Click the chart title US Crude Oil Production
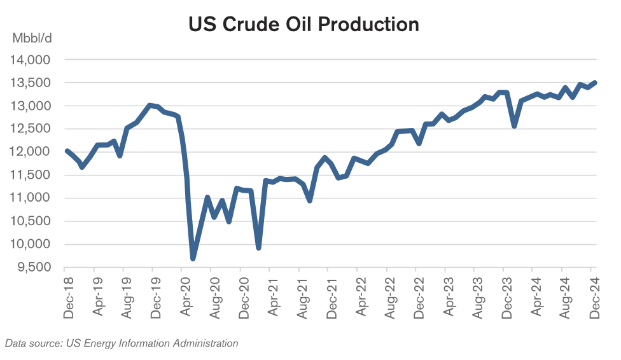click(304, 24)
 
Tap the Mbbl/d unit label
click(32, 38)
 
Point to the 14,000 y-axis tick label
click(31, 60)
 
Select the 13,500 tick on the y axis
click(31, 83)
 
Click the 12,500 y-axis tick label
click(31, 129)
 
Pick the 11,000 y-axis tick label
click(31, 198)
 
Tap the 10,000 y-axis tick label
click(31, 245)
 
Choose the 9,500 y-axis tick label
click(33, 268)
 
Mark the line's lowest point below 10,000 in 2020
click(193, 258)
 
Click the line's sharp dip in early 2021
click(259, 247)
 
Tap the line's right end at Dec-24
click(594, 83)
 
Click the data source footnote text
click(122, 343)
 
